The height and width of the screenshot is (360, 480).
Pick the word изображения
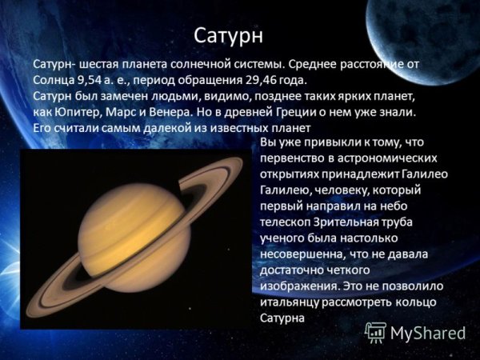tap(298, 285)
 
